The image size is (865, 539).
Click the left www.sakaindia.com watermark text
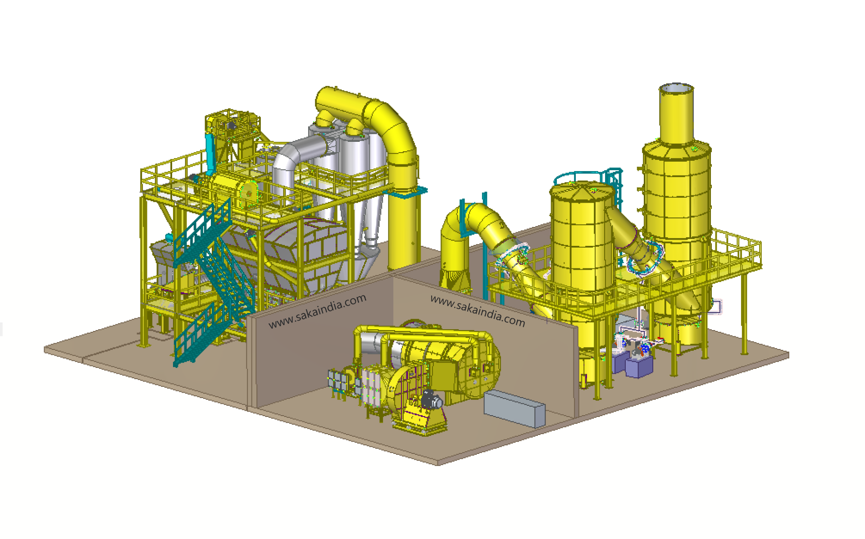point(317,311)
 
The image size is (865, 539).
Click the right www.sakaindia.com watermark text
point(478,311)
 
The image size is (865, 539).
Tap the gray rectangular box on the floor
point(514,408)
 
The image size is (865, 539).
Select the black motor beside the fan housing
point(431,399)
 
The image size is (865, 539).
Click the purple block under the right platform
point(638,366)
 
